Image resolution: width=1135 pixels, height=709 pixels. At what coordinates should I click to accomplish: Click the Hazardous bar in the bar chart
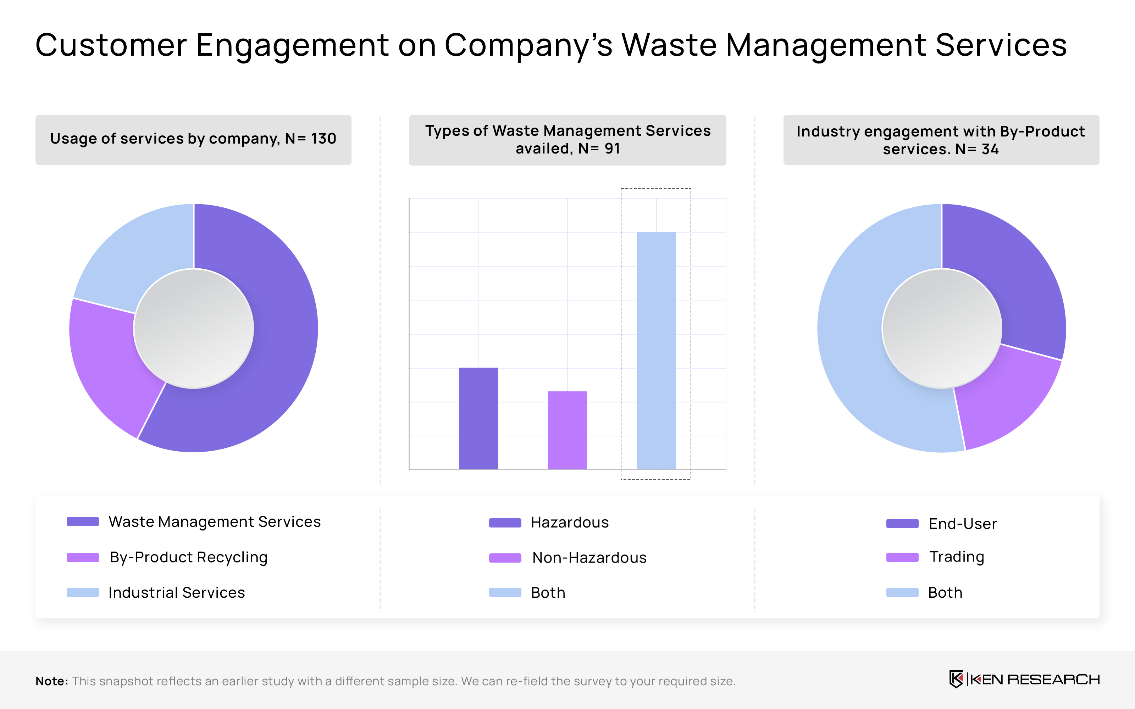(x=478, y=418)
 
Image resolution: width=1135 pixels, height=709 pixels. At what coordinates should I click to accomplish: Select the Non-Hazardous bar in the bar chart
(x=567, y=430)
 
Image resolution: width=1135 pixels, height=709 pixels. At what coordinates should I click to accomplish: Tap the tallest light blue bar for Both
(x=656, y=350)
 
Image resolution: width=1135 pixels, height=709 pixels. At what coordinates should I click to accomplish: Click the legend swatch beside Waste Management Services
(x=83, y=521)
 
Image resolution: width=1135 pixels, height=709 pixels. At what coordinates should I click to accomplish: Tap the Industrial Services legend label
(x=176, y=593)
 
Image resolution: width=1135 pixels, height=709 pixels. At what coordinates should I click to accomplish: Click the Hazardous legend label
(x=569, y=523)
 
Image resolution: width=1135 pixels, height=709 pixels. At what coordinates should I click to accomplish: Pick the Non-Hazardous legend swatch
(x=505, y=558)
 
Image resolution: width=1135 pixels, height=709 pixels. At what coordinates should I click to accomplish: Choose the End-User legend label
(x=962, y=524)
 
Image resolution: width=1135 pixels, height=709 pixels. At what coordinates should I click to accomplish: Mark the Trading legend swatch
(x=902, y=557)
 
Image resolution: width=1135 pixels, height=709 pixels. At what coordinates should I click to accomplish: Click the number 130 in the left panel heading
(x=323, y=139)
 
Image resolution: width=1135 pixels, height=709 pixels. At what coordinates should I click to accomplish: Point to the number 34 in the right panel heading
(x=990, y=149)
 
